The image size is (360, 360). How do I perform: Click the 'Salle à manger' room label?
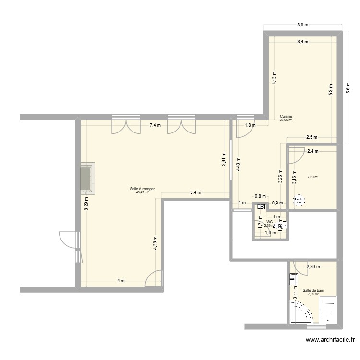pyautogui.click(x=142, y=189)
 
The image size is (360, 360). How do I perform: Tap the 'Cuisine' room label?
pyautogui.click(x=286, y=116)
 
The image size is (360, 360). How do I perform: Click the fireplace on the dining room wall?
pyautogui.click(x=87, y=179)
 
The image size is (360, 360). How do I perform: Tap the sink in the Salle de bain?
pyautogui.click(x=293, y=278)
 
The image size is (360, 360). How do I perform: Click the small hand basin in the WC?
pyautogui.click(x=261, y=207)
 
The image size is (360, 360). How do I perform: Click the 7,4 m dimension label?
pyautogui.click(x=155, y=125)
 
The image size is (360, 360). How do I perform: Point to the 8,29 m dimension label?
pyautogui.click(x=86, y=204)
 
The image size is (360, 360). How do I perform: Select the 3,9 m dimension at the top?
pyautogui.click(x=302, y=24)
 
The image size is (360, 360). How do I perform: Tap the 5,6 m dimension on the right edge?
pyautogui.click(x=348, y=88)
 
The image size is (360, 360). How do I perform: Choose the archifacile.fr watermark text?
pyautogui.click(x=331, y=341)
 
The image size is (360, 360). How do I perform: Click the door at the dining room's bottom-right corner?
pyautogui.click(x=155, y=279)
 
